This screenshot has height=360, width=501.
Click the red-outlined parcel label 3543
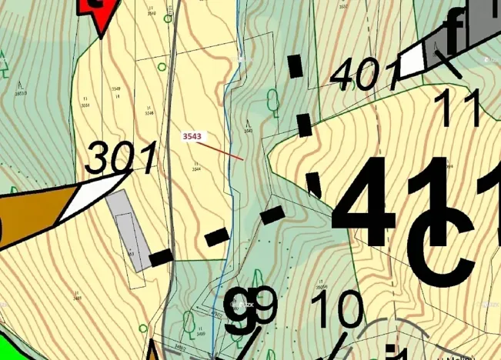pyautogui.click(x=192, y=136)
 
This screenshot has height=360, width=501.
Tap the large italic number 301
pyautogui.click(x=121, y=158)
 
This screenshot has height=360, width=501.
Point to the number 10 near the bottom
pyautogui.click(x=339, y=312)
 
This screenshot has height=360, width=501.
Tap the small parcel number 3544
pyautogui.click(x=196, y=168)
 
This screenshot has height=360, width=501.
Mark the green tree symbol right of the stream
pyautogui.click(x=272, y=100)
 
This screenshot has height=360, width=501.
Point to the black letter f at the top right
pyautogui.click(x=458, y=29)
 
